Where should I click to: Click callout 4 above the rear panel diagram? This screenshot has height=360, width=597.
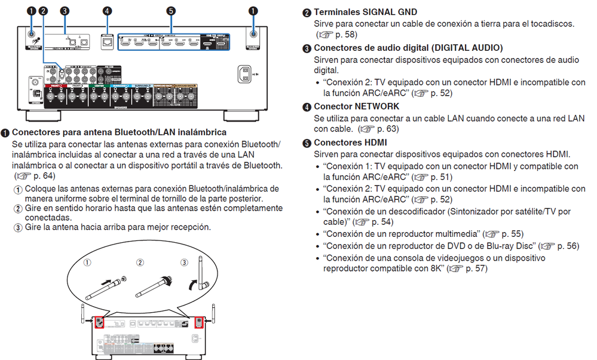tap(106, 10)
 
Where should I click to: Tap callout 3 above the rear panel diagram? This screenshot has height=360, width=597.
tap(64, 10)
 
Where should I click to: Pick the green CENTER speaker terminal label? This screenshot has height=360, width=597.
tap(96, 86)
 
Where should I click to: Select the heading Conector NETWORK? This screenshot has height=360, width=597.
tap(356, 106)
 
